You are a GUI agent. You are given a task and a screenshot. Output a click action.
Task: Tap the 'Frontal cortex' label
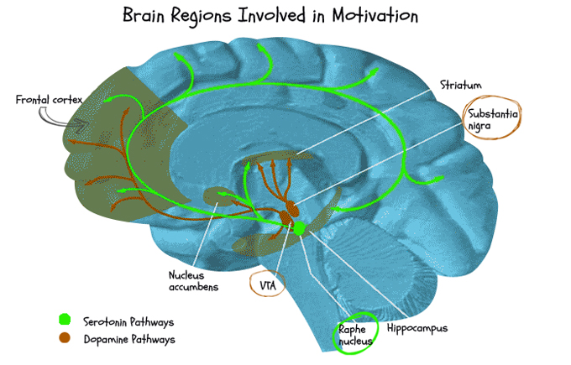48,100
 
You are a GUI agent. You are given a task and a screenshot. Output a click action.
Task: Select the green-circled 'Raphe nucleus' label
355,336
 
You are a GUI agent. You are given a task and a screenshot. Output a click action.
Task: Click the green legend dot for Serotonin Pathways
65,321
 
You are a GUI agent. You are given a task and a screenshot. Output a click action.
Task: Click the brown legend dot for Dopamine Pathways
65,339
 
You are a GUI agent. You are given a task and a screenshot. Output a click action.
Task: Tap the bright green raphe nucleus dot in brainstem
297,228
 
